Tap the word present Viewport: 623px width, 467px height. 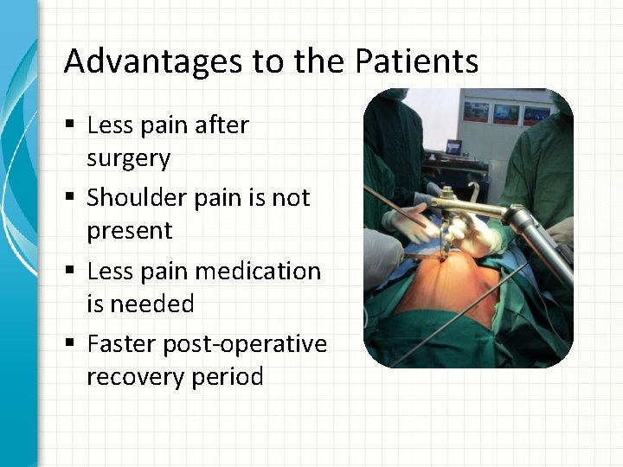click(x=130, y=232)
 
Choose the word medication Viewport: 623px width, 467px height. click(x=258, y=271)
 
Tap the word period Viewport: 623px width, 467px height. click(x=227, y=378)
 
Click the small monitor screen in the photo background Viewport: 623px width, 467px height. click(x=453, y=147)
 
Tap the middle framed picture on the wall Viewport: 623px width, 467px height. click(x=504, y=112)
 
